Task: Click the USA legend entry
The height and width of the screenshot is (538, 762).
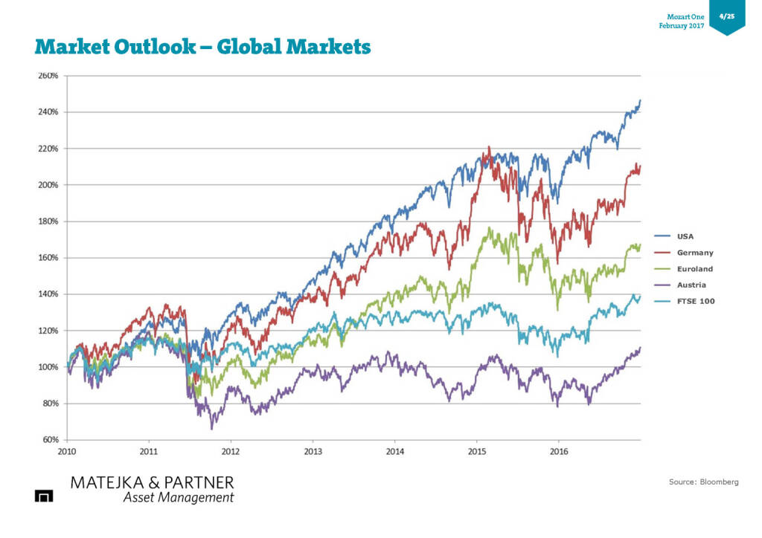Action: point(685,236)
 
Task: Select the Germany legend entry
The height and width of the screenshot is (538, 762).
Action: point(694,253)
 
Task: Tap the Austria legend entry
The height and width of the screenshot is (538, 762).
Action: point(691,285)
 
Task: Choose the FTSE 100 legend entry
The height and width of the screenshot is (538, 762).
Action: point(696,301)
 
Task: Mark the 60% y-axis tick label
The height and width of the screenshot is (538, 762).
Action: point(50,440)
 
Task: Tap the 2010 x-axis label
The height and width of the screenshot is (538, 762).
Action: point(67,450)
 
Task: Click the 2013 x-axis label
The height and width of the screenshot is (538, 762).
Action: point(313,450)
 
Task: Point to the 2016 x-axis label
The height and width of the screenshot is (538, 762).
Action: point(559,450)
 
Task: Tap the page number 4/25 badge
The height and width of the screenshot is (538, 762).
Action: point(726,16)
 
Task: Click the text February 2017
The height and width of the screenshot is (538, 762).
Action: point(681,26)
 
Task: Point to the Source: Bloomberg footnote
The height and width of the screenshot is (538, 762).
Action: point(703,482)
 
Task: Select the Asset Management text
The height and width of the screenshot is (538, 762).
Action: point(178,497)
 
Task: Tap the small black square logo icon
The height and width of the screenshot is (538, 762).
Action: point(44,496)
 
